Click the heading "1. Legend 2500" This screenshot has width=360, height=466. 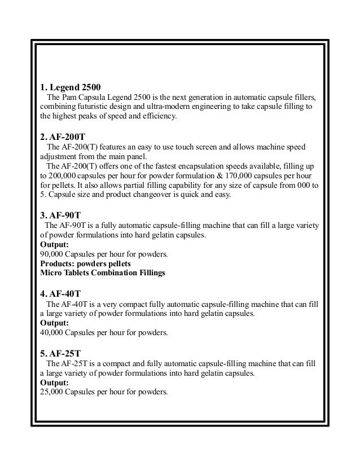tap(71, 87)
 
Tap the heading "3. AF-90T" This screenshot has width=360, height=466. tap(60, 216)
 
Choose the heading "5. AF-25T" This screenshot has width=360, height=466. tap(60, 354)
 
